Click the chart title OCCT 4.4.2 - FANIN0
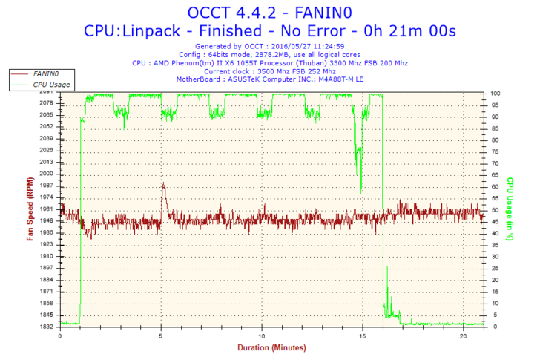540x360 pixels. pos(269,13)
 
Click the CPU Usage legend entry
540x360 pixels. pos(51,85)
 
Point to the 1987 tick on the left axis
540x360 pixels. pos(45,186)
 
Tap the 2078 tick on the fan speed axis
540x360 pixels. pos(45,103)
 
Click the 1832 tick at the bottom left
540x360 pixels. pos(45,327)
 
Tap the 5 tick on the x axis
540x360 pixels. pos(161,335)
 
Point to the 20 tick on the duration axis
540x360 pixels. pos(462,335)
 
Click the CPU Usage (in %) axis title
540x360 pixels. pos(510,209)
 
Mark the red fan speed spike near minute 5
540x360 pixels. pos(163,186)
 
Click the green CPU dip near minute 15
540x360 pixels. pos(360,178)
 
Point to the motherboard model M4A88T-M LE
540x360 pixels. pos(336,79)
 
